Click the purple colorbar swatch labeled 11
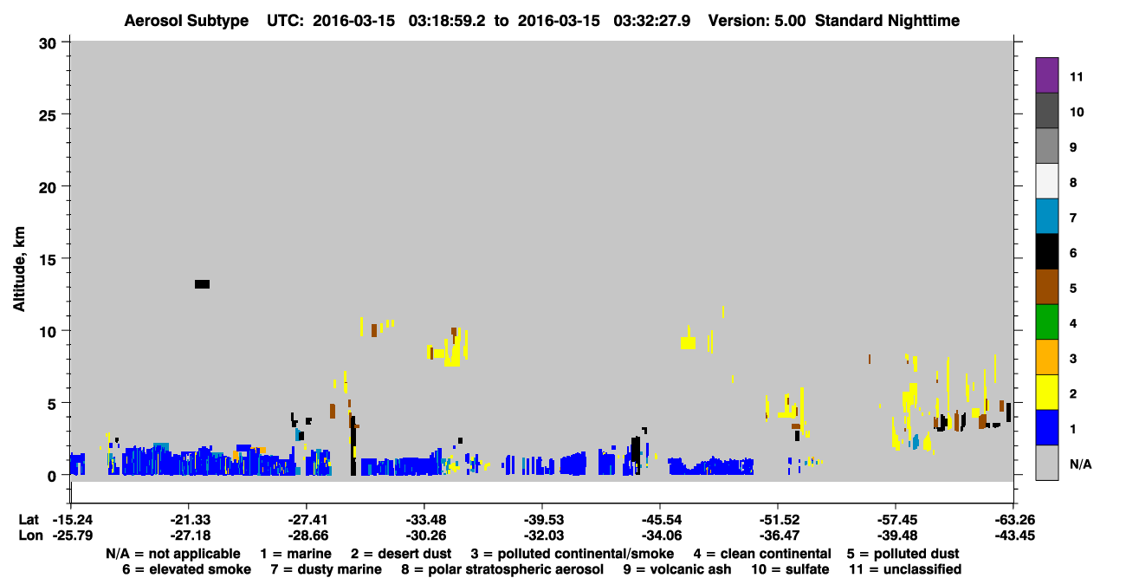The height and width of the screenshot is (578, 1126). pos(1046,75)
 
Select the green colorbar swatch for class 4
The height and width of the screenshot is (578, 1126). pos(1046,322)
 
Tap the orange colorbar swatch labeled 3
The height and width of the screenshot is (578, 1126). pos(1046,357)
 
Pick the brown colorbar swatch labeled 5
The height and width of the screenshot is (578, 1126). pos(1046,287)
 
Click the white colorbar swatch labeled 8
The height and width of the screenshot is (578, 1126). pos(1046,181)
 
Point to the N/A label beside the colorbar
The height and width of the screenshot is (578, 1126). pos(1080,464)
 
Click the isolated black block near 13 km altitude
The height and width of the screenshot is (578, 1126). pos(202,284)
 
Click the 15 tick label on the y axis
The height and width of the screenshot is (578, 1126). pos(48,260)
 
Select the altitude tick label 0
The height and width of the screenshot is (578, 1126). pos(52,477)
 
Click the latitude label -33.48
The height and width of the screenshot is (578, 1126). pos(425,520)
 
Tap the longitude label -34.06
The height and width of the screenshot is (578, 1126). pos(662,536)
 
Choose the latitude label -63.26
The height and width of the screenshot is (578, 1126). pos(1014,520)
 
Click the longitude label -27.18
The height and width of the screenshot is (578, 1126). pos(190,536)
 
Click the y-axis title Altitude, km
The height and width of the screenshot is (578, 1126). pos(19,270)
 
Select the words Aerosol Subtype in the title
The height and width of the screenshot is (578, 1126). pos(186,21)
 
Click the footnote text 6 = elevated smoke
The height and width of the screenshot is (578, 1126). pos(186,569)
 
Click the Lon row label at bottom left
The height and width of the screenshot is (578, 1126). pos(30,536)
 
